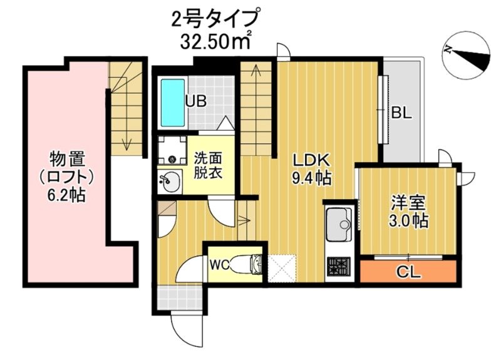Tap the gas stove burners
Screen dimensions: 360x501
click(339, 267)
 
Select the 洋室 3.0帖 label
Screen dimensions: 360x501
click(409, 212)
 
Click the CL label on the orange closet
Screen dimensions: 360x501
click(408, 272)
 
